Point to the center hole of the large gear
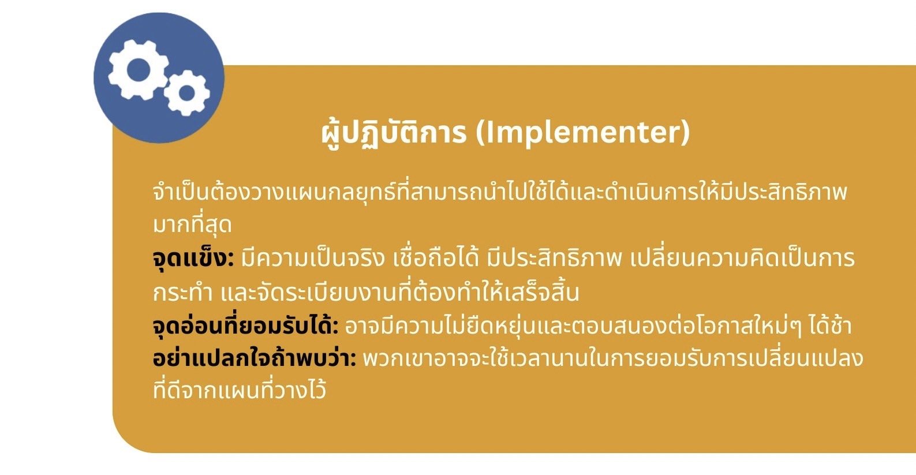coord(138,70)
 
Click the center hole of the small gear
coord(187,93)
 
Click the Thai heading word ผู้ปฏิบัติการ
coord(394,133)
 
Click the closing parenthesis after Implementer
coord(685,133)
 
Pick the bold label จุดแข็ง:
coord(193,259)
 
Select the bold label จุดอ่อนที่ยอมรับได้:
coord(245,326)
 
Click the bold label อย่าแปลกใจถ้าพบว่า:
coord(255,358)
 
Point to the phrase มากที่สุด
coord(192,225)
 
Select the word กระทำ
coord(183,293)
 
